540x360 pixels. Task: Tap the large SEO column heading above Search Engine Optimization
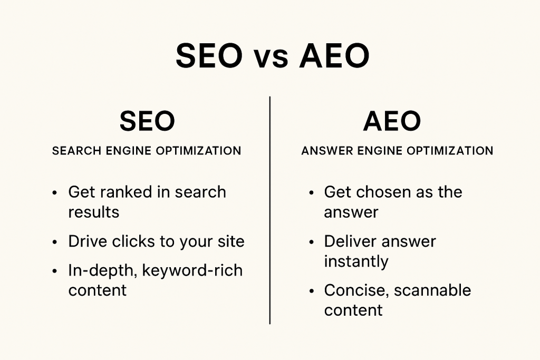tap(147, 121)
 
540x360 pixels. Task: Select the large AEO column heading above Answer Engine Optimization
tap(392, 121)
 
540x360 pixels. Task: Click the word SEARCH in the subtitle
tap(77, 151)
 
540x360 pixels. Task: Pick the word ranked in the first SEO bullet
tap(127, 192)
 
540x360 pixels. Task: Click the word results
tap(94, 212)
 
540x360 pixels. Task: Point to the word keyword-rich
tap(192, 270)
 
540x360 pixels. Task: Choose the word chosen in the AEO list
tap(379, 192)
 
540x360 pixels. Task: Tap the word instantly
tap(356, 261)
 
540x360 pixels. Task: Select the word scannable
tap(432, 290)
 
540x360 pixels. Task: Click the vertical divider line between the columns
tap(269, 210)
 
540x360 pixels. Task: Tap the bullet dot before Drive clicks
tap(54, 242)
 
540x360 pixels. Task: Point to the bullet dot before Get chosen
tap(311, 193)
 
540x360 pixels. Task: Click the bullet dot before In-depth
tap(54, 271)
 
